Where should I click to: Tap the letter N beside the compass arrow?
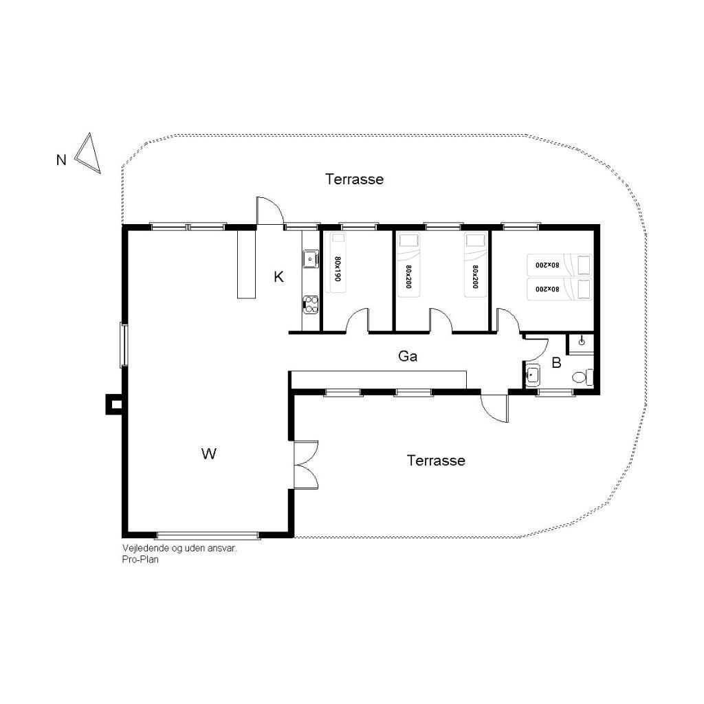pos(61,159)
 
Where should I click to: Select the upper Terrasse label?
pos(354,179)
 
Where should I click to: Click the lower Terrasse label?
pos(436,460)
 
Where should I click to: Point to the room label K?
pos(278,277)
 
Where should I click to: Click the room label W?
pos(209,454)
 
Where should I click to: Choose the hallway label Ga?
pos(408,356)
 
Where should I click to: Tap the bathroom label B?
pos(556,362)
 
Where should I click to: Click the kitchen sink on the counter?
pos(311,258)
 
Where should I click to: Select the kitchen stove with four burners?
pos(311,304)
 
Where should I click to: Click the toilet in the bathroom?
pos(583,377)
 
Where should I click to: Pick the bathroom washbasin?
pos(533,375)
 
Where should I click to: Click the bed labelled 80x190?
pos(335,262)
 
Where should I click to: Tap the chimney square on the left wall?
pos(115,404)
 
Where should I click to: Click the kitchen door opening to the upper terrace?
pos(269,210)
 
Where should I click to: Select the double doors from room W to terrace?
pos(306,465)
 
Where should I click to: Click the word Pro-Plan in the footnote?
pos(140,560)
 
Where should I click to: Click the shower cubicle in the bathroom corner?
pos(581,344)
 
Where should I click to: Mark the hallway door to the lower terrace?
pos(494,408)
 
